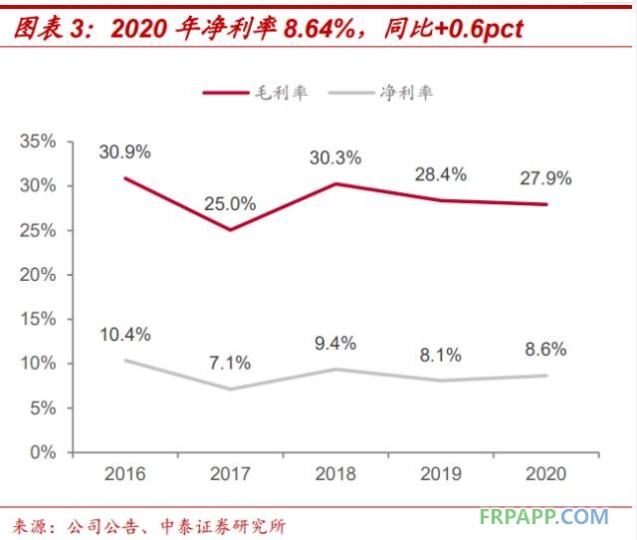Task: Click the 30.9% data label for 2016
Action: [124, 152]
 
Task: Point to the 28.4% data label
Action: [441, 174]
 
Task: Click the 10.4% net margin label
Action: [124, 334]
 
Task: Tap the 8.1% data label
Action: [441, 354]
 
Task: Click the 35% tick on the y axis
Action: [38, 141]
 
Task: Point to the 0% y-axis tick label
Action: [43, 452]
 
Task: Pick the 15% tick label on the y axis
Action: [38, 319]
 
